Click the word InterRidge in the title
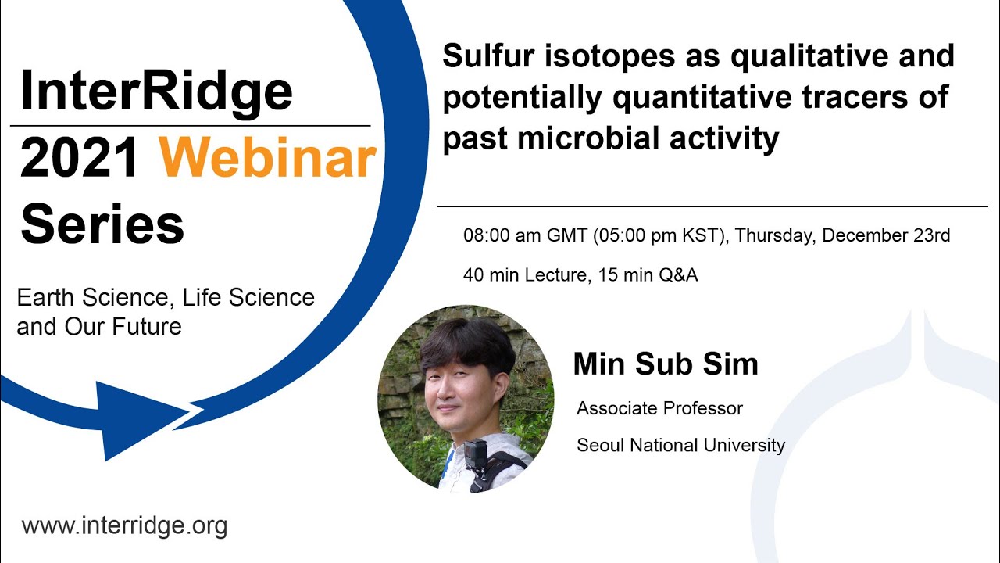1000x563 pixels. [x=156, y=91]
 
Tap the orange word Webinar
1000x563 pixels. [x=268, y=159]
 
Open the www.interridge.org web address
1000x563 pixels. [x=124, y=525]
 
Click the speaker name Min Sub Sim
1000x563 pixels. [x=666, y=364]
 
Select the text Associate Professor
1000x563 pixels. [x=659, y=408]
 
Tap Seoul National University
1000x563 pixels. [x=680, y=445]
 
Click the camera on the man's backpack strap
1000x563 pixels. [x=475, y=454]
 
